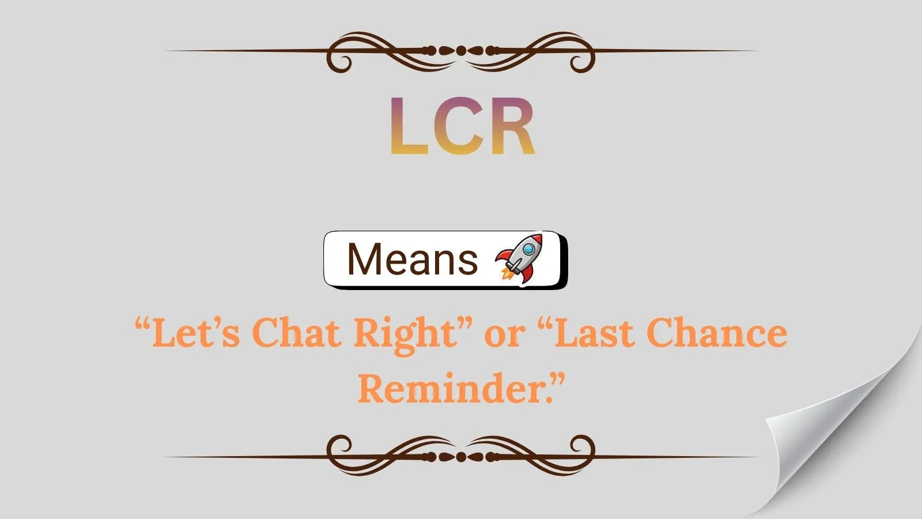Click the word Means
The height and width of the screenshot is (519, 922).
click(x=413, y=259)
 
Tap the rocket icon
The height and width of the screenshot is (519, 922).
click(x=519, y=259)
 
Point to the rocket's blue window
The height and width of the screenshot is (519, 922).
click(x=529, y=250)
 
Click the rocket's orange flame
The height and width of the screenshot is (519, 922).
click(x=507, y=273)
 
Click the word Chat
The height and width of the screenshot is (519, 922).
click(x=296, y=333)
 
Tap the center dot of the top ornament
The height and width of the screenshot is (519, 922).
click(x=461, y=51)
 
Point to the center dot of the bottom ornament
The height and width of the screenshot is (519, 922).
click(x=461, y=457)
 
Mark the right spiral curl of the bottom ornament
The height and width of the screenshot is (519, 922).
click(x=582, y=447)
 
